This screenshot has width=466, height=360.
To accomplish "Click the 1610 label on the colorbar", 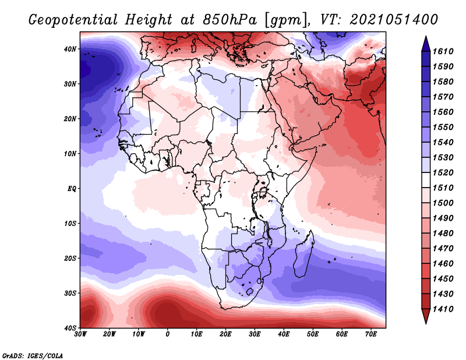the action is click(x=443, y=51).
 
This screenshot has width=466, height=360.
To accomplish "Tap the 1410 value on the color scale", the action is click(x=443, y=309).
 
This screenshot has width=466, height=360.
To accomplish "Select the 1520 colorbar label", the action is click(x=443, y=172).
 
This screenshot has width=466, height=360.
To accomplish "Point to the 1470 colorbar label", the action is click(x=443, y=248).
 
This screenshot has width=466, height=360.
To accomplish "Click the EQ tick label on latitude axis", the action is click(x=72, y=189).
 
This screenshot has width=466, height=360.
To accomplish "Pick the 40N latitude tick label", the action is click(x=70, y=49).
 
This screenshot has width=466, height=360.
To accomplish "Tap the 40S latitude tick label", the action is click(x=70, y=328).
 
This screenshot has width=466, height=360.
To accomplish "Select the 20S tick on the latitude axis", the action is click(x=70, y=258).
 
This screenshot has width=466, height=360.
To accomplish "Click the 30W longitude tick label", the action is click(x=80, y=334).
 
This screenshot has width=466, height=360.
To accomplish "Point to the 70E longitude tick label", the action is click(x=370, y=334).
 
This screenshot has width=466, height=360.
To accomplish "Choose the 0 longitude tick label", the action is click(x=168, y=334).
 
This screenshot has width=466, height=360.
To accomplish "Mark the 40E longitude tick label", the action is click(x=284, y=334).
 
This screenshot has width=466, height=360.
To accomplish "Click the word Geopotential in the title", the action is click(x=73, y=20).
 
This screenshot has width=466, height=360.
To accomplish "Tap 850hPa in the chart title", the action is click(x=230, y=20).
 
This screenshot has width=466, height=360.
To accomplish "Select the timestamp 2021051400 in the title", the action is click(x=394, y=19).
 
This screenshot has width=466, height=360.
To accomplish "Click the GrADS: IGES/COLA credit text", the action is click(x=33, y=355).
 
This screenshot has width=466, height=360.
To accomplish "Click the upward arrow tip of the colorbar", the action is click(x=426, y=37).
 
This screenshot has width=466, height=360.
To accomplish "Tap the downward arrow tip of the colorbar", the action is click(x=426, y=323).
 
